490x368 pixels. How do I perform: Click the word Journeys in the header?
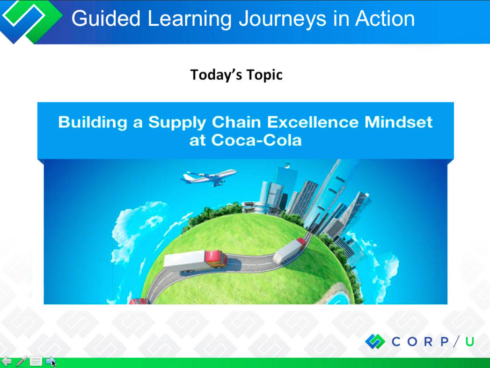[x=283, y=19]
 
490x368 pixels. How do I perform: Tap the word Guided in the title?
[x=106, y=18]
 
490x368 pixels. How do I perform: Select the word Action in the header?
[x=385, y=18]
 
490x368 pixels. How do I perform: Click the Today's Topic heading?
[x=236, y=75]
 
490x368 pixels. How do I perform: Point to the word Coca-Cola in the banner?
[x=256, y=140]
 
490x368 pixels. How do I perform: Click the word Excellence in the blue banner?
[x=313, y=122]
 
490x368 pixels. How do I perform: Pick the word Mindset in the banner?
[x=398, y=122]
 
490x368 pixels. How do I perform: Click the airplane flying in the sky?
[x=209, y=177]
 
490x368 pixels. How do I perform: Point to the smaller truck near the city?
[x=289, y=250]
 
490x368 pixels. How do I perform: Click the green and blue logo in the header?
[x=30, y=21]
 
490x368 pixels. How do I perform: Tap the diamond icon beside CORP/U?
[x=375, y=341]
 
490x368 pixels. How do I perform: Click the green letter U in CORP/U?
[x=470, y=342]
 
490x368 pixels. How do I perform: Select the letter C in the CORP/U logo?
[x=396, y=342]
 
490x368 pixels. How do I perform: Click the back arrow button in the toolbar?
[x=6, y=361]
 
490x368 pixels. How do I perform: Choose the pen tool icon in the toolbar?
[x=21, y=361]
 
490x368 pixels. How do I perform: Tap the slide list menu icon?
[x=36, y=361]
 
